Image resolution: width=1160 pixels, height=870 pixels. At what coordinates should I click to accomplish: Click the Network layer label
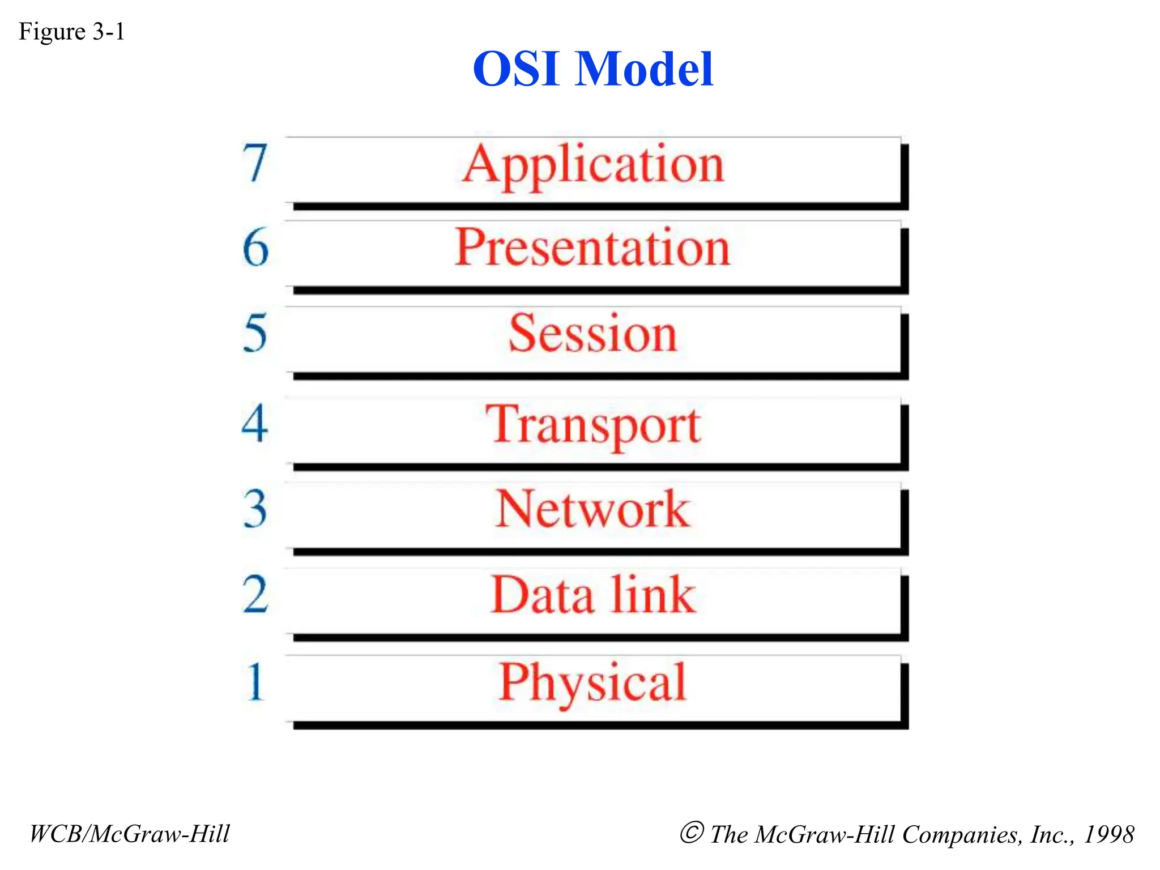point(592,509)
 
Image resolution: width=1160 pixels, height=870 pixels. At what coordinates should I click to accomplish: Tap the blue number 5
point(255,334)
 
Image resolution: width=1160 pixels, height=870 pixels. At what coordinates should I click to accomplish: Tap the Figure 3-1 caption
point(71,32)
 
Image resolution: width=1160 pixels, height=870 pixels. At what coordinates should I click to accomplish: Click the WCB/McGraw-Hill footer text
point(129,834)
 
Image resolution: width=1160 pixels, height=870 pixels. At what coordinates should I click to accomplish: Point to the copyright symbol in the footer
point(692,833)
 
